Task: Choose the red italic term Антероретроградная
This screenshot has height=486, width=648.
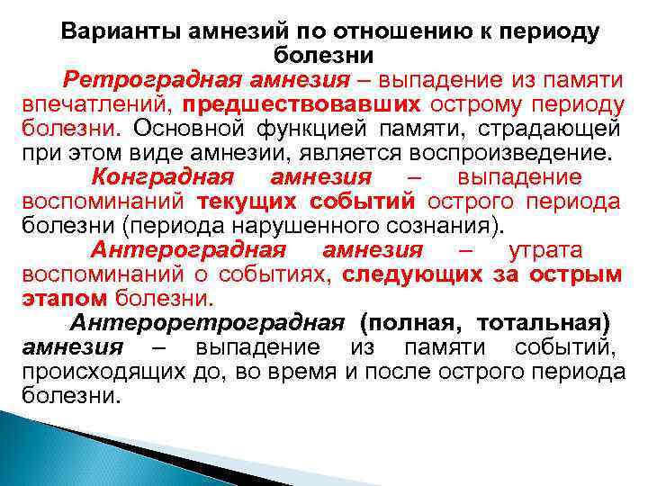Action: [208, 321]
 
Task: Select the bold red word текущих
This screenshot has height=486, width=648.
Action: [243, 202]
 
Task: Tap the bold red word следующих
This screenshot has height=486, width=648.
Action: [414, 274]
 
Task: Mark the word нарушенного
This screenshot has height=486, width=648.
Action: [296, 225]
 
